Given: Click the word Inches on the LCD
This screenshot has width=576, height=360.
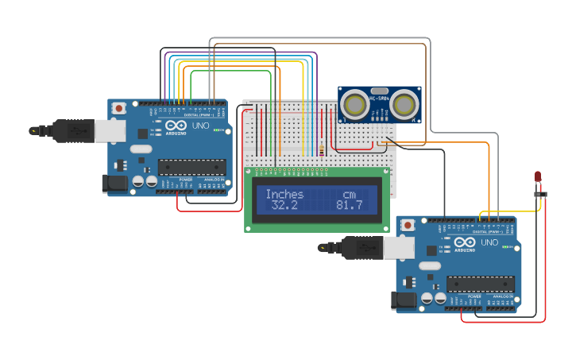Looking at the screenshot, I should (x=284, y=194).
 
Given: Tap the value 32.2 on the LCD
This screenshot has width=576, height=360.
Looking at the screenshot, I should (x=284, y=206).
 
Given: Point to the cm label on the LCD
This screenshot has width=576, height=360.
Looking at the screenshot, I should (x=350, y=194).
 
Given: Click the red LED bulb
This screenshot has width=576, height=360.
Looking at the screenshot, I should (x=538, y=176).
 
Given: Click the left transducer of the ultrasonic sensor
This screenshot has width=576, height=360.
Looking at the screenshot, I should (x=355, y=104).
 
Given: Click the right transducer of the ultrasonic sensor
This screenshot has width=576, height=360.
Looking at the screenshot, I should (x=407, y=104).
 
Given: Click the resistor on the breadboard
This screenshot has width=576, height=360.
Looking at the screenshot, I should (x=321, y=147).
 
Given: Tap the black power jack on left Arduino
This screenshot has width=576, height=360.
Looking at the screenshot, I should (x=114, y=184).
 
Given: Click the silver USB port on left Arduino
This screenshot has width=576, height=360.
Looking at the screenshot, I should (x=110, y=130).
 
